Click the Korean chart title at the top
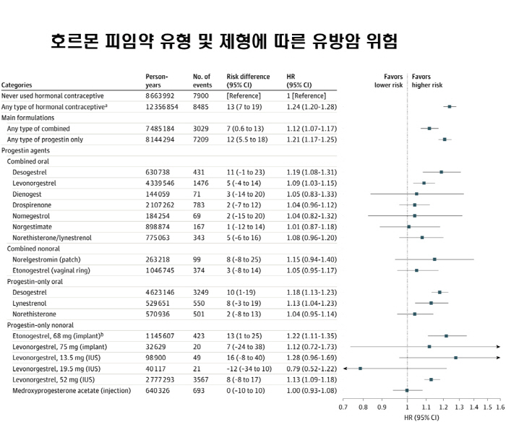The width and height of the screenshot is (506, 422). (x=224, y=39)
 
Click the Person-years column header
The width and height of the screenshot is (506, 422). (x=157, y=80)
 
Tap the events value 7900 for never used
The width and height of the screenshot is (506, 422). (x=201, y=95)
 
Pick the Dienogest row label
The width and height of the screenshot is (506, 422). (x=31, y=194)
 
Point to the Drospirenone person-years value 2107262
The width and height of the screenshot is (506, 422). (x=160, y=205)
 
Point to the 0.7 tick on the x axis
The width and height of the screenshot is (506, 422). (x=343, y=408)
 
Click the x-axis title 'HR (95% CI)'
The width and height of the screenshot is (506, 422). (x=421, y=417)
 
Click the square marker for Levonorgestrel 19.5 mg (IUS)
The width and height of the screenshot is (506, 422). (x=361, y=369)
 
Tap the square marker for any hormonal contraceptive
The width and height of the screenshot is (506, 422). (x=450, y=106)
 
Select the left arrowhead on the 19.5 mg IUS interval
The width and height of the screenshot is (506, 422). (x=346, y=369)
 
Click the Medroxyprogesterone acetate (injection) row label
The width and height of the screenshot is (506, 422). (x=72, y=390)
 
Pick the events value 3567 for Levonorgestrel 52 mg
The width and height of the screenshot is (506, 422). (x=201, y=379)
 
